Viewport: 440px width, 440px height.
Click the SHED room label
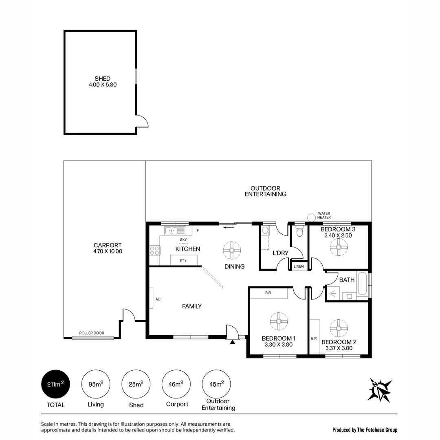coord(102,79)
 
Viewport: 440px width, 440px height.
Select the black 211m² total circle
coord(55,384)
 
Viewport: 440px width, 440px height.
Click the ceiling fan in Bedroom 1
coord(279,321)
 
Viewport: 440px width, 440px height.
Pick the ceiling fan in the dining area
coord(231,250)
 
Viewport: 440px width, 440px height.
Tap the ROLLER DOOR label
coord(92,333)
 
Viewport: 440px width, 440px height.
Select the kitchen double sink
coord(175,231)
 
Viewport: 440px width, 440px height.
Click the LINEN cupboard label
coord(298,266)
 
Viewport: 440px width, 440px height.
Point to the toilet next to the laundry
coord(299,232)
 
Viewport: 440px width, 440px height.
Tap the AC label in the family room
coord(158,299)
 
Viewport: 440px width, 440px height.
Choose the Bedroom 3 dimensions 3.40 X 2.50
coord(338,235)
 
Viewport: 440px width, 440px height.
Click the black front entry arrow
coord(233,342)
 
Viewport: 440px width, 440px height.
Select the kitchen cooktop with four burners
coord(155,250)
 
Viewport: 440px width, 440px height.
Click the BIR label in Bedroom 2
coord(314,338)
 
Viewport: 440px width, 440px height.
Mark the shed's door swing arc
coord(143,121)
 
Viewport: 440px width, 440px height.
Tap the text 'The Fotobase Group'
coord(377,430)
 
